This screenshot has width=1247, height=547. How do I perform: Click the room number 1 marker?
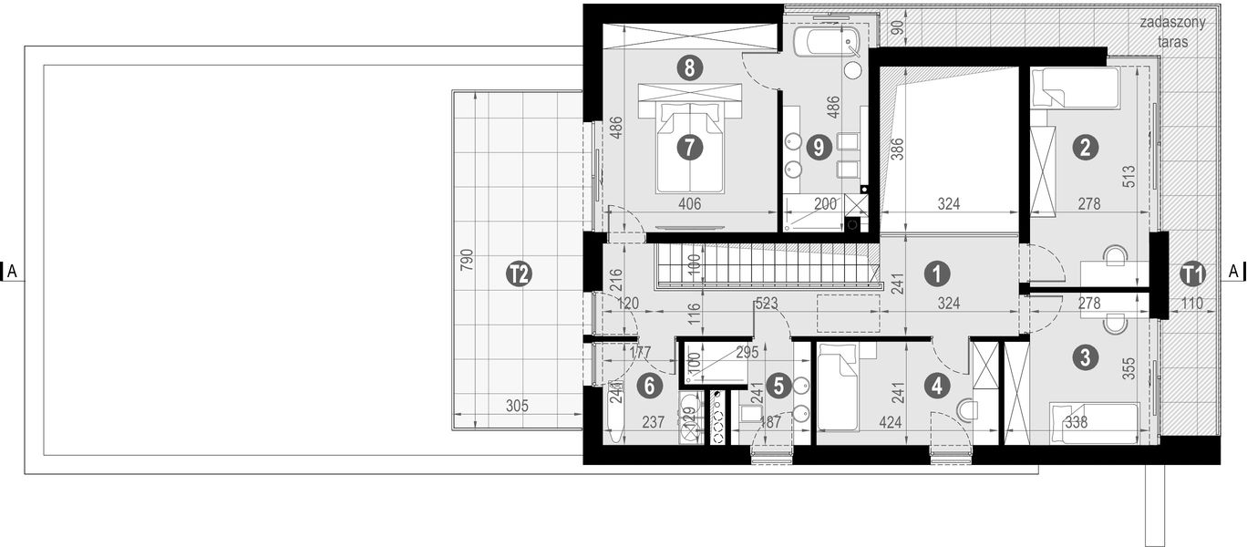click(x=936, y=272)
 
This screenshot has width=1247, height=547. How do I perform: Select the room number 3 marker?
click(x=1083, y=357)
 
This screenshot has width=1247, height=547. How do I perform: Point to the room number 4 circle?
click(x=936, y=386)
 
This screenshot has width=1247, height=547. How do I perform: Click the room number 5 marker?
click(x=778, y=386)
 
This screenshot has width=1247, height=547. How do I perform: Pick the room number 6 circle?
click(x=649, y=386)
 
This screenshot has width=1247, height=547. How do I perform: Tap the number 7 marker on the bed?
click(x=689, y=146)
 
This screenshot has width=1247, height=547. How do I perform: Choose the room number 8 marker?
click(x=689, y=67)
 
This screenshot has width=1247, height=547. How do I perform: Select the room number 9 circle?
click(x=819, y=146)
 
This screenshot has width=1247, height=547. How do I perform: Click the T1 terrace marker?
click(x=1192, y=273)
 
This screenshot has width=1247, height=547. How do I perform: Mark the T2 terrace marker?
click(x=519, y=273)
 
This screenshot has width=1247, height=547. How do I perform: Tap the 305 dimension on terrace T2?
click(x=515, y=408)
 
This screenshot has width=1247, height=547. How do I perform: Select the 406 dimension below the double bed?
click(x=689, y=204)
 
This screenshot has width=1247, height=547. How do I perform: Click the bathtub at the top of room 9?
click(x=825, y=42)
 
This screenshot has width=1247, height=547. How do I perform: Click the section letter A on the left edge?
click(x=12, y=271)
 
